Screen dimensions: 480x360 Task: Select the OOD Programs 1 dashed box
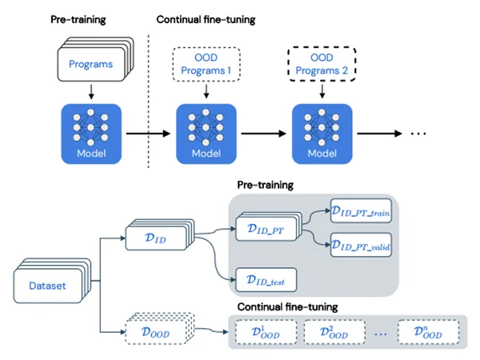click(206, 64)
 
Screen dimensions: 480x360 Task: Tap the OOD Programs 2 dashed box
click(322, 64)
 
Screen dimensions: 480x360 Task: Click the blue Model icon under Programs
click(91, 134)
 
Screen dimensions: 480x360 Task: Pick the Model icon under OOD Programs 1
click(206, 134)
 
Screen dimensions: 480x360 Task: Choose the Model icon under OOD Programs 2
click(322, 134)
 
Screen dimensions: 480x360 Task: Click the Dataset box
click(52, 281)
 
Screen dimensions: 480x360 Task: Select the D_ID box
click(160, 234)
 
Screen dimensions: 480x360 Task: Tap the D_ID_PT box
click(269, 226)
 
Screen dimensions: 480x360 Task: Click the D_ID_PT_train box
click(362, 210)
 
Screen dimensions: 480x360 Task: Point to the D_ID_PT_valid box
click(362, 245)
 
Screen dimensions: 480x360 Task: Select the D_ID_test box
click(266, 280)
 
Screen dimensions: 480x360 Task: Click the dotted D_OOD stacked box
click(160, 329)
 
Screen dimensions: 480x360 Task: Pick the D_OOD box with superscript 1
click(266, 332)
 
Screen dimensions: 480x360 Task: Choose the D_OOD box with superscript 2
click(334, 332)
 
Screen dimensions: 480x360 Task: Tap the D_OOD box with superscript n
click(429, 332)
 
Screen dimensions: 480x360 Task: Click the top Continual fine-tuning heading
click(206, 19)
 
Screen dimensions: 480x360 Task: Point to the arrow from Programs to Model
click(91, 91)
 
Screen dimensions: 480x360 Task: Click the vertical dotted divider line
click(149, 102)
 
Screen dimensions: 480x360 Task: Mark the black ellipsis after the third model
click(418, 134)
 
